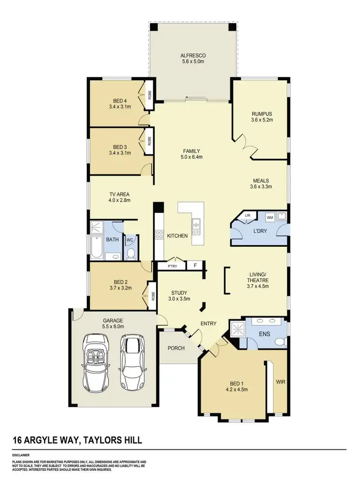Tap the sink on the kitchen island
pyautogui.click(x=196, y=224)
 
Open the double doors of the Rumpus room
pyautogui.click(x=245, y=143)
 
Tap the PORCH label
pyautogui.click(x=176, y=348)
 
